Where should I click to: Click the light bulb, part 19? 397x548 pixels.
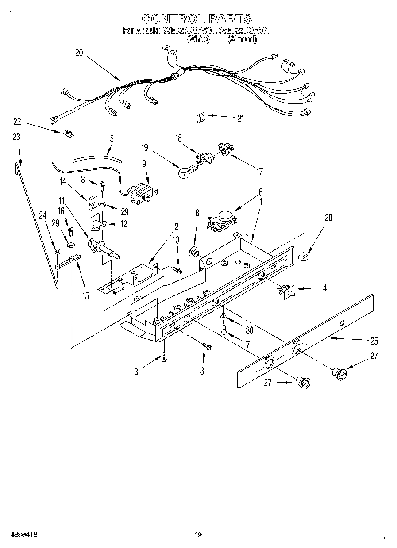(x=186, y=172)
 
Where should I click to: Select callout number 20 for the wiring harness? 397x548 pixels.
(x=79, y=53)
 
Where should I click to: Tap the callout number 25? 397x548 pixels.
(x=374, y=341)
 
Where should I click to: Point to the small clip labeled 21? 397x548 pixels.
(x=200, y=118)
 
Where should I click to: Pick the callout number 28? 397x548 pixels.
(x=328, y=217)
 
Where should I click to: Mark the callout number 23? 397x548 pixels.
(x=16, y=137)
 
